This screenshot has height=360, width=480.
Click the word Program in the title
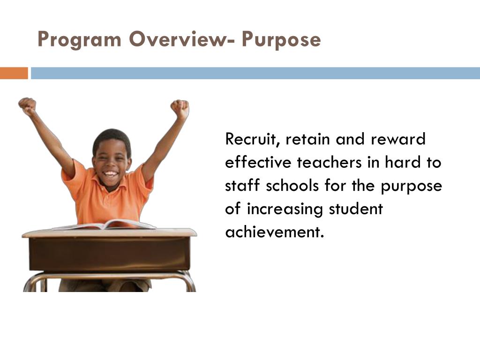79,40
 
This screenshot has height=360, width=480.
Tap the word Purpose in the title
281,40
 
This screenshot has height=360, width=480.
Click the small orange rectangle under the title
14,73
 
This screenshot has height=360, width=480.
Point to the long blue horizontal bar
255,73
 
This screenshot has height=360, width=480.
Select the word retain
307,139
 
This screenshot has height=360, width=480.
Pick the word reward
398,139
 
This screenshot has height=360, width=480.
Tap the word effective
258,162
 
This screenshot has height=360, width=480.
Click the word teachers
330,162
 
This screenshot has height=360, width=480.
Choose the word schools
292,185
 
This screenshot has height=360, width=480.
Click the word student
356,209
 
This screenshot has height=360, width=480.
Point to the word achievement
275,232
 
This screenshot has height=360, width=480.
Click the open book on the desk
104,225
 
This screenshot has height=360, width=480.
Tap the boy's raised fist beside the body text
180,108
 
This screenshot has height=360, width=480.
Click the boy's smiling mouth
111,174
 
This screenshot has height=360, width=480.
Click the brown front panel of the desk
109,254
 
